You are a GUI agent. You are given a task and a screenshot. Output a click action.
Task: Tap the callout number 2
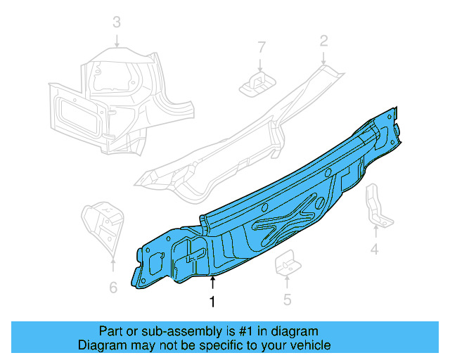click(x=323, y=41)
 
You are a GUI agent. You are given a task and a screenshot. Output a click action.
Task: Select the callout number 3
click(x=117, y=22)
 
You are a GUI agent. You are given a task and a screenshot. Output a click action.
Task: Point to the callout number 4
click(x=375, y=249)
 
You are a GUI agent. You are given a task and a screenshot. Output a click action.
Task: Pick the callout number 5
click(x=287, y=300)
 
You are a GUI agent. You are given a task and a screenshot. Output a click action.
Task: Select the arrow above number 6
click(x=113, y=266)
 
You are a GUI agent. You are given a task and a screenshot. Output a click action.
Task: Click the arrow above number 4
click(x=375, y=232)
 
